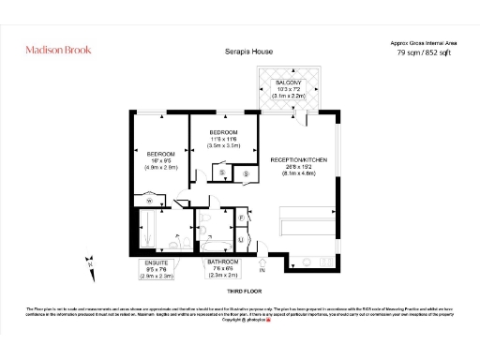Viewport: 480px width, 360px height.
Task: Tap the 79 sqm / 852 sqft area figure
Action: [x=425, y=53]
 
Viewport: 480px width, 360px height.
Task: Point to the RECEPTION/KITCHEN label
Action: [x=298, y=159]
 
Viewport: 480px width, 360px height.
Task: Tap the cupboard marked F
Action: [x=240, y=218]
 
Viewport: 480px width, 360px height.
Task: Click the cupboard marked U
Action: [x=240, y=241]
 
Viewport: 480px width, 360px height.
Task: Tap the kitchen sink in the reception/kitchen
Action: [x=306, y=257]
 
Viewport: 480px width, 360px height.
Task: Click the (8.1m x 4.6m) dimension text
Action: [x=298, y=173]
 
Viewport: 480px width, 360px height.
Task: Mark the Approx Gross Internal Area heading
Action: [x=425, y=42]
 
